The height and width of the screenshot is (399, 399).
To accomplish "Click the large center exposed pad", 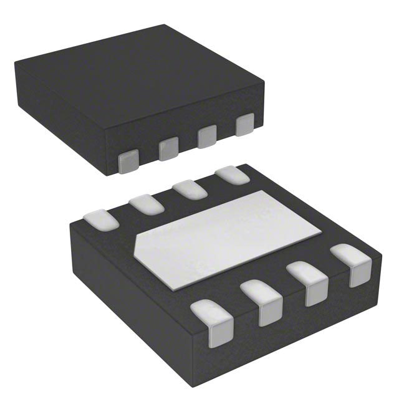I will pos(231,239).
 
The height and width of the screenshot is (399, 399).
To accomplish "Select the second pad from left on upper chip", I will pos(168,148).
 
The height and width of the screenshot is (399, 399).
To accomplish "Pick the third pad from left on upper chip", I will pos(207,136).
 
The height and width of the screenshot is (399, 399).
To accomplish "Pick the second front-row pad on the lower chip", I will pos(262,300).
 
